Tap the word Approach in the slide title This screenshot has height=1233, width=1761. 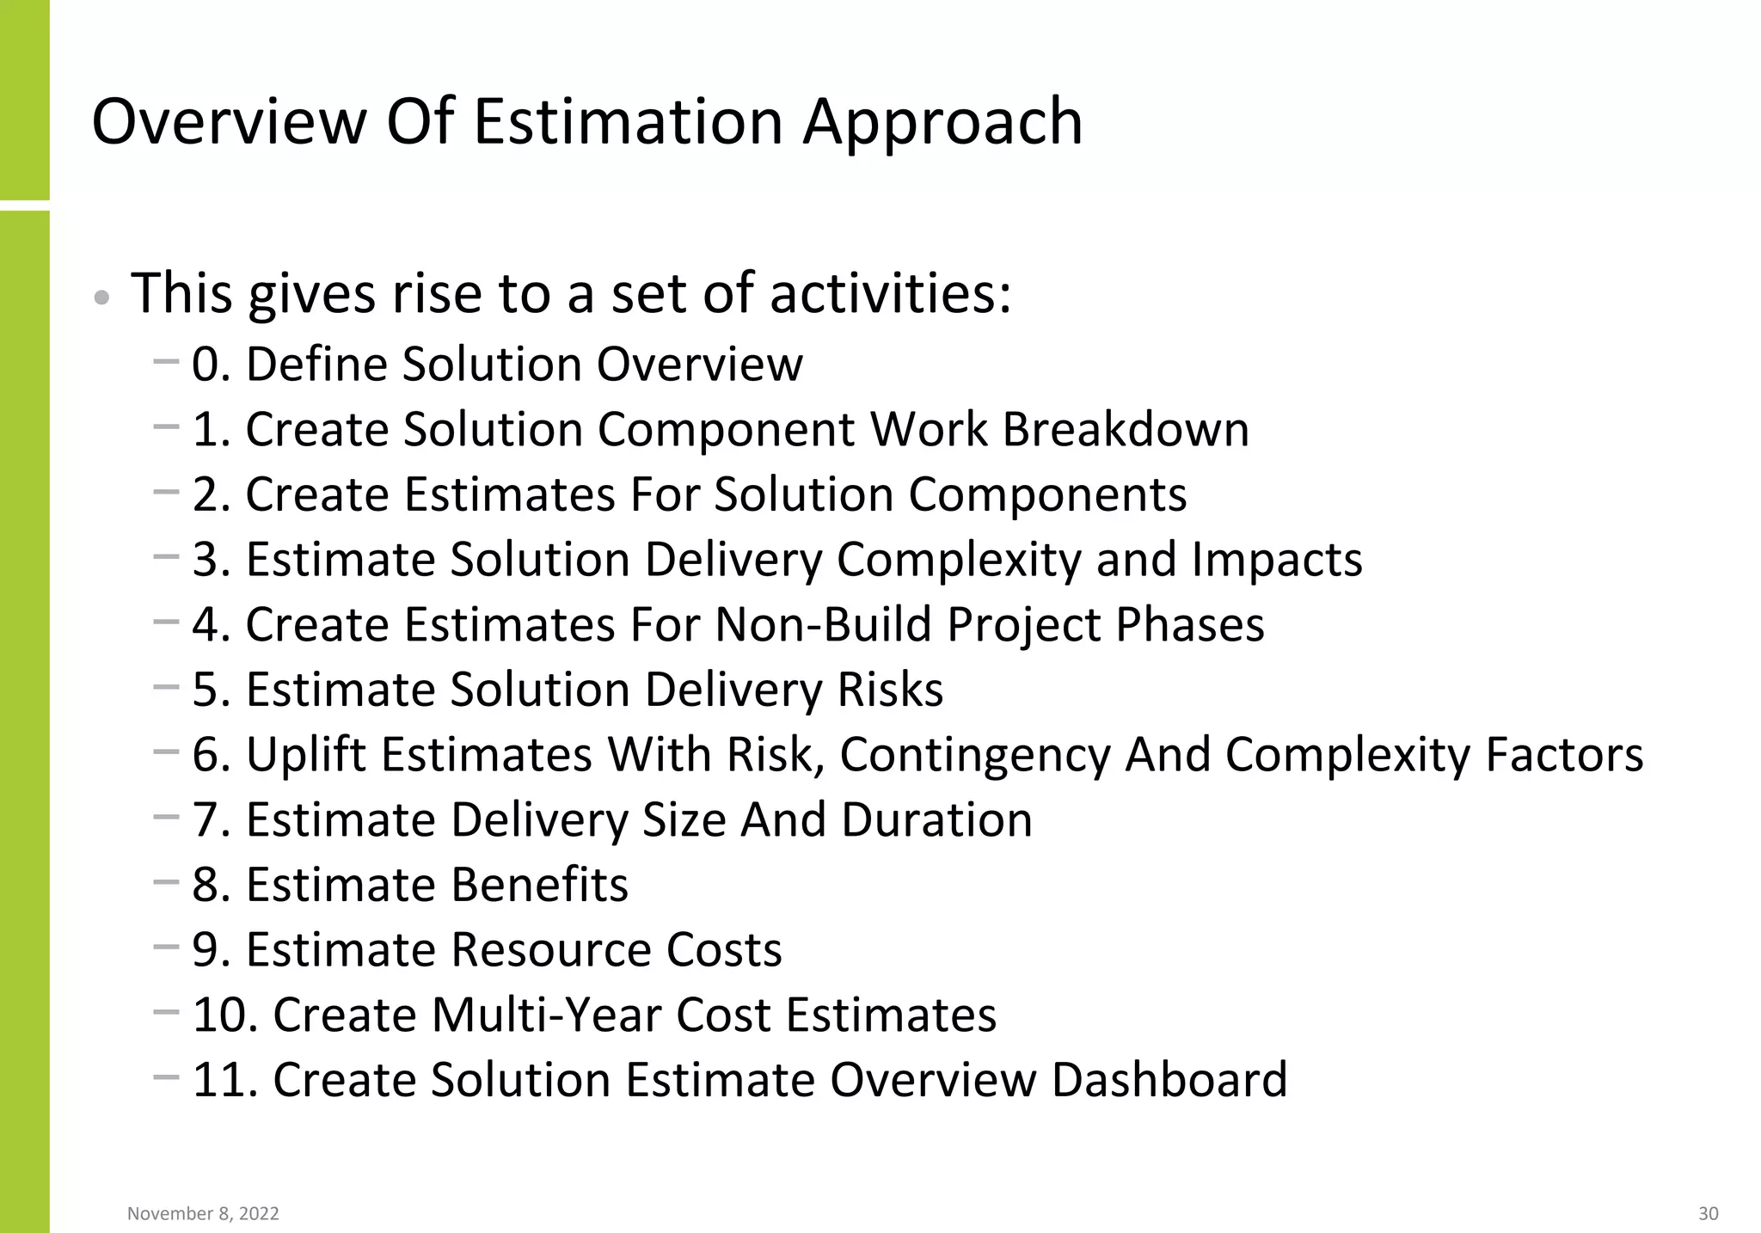point(942,121)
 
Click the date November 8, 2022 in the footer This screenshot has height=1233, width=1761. point(203,1213)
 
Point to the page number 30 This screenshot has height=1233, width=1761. point(1708,1213)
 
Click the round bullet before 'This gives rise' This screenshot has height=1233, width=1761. point(102,298)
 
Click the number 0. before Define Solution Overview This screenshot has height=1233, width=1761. point(212,364)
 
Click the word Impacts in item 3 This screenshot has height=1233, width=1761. point(1277,559)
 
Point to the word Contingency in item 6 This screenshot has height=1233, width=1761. point(975,754)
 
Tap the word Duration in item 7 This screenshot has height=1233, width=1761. point(936,819)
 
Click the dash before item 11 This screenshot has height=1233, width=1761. point(166,1076)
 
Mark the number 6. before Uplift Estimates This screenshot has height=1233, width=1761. point(212,754)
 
